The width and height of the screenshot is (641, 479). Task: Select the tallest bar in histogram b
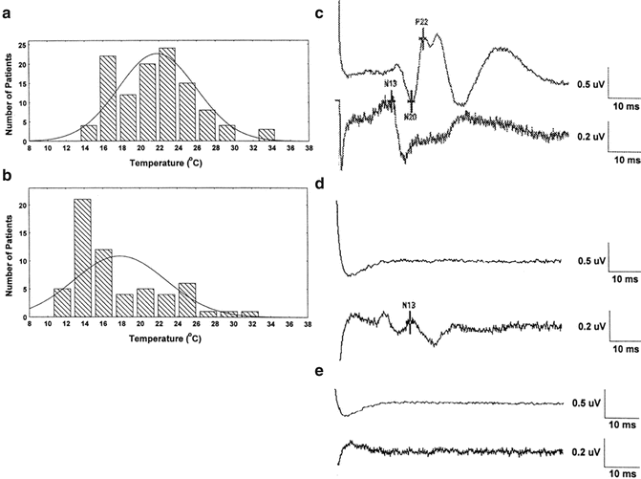(82, 257)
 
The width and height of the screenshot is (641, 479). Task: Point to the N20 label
(411, 117)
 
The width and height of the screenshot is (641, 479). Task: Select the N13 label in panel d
(409, 306)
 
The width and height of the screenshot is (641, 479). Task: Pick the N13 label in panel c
(391, 84)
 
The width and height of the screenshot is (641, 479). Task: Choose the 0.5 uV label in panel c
(589, 83)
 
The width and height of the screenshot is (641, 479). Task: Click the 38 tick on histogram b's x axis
(308, 324)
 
